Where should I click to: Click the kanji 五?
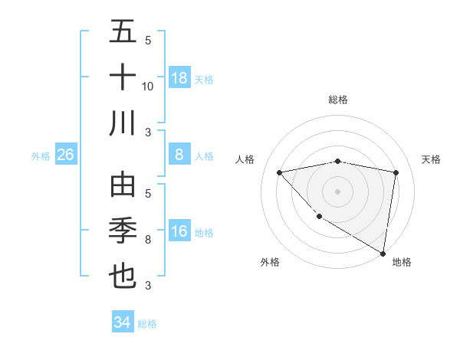click(123, 32)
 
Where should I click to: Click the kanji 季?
click(123, 231)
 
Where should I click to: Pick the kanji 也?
click(123, 276)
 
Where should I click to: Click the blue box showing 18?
click(179, 77)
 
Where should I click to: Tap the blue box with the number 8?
click(179, 155)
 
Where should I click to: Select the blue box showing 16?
click(179, 231)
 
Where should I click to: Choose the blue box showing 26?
click(66, 155)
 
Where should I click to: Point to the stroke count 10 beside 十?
click(148, 86)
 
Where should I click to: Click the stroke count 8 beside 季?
click(148, 240)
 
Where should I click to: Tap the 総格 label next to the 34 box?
click(147, 324)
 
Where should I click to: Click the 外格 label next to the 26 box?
click(41, 156)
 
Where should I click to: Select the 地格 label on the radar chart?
click(402, 262)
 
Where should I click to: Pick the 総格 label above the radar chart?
click(338, 100)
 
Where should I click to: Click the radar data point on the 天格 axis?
click(396, 172)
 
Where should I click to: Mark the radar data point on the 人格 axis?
click(280, 172)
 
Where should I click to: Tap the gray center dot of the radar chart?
click(337, 191)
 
